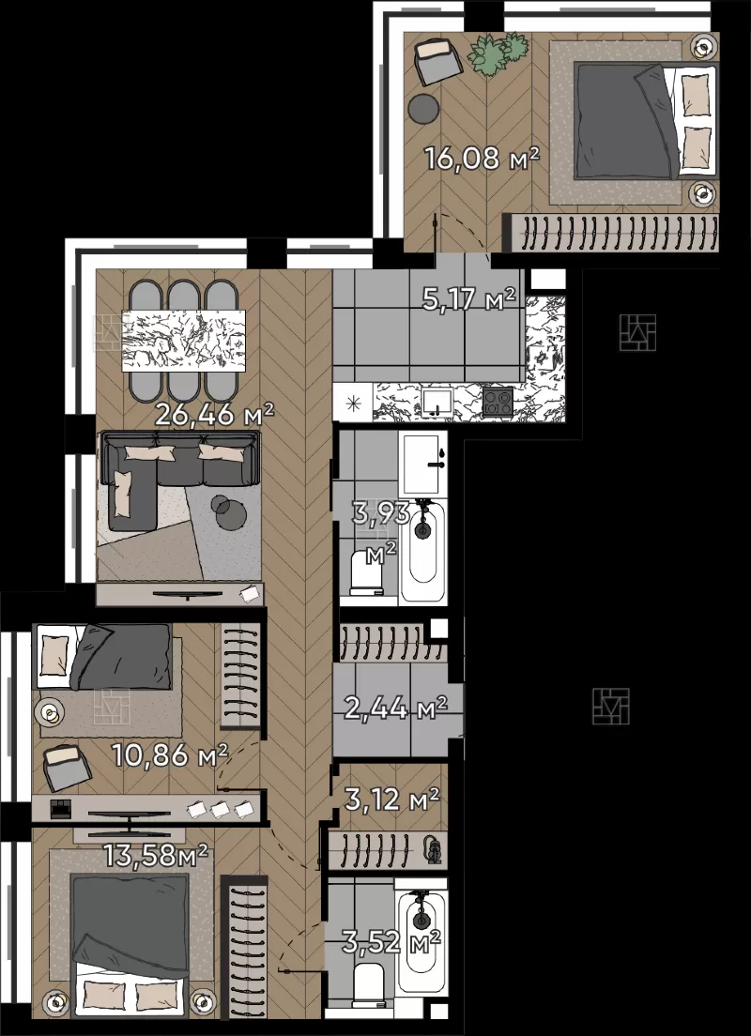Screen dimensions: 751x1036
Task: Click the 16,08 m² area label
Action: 482,159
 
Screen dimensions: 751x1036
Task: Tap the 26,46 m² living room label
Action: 214,415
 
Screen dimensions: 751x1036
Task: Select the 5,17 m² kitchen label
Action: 468,299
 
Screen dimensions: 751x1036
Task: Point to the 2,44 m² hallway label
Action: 395,708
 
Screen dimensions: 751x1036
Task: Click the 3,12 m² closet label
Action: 392,800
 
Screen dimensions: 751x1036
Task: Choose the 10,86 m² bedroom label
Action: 170,754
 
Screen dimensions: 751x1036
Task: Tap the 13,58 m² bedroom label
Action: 156,855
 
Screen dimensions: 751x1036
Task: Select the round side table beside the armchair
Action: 423,109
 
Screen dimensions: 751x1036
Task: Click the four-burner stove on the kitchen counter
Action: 498,402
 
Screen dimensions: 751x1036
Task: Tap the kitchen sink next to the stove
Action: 437,401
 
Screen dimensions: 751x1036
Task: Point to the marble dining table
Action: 184,341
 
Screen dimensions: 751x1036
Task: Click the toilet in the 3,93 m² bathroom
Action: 368,572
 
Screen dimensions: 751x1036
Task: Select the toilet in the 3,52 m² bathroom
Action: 368,985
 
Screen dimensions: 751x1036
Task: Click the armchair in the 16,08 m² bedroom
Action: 438,60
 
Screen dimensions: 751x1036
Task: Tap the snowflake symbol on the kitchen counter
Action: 352,403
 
